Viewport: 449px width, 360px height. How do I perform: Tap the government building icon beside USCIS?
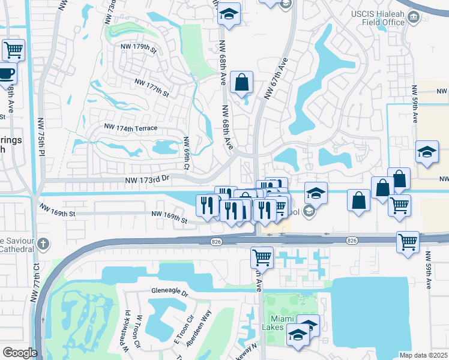[x=413, y=18]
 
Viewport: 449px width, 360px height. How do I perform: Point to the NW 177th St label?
[x=152, y=87]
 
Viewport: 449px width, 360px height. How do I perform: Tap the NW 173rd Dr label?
[x=148, y=179]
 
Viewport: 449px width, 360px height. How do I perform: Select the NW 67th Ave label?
[x=277, y=78]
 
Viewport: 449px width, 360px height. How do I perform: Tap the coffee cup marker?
[x=6, y=74]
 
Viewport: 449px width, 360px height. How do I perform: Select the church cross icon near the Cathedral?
[x=42, y=244]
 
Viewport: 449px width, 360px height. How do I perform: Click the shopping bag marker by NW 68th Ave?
[x=241, y=82]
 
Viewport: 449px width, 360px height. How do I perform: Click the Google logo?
[x=19, y=353]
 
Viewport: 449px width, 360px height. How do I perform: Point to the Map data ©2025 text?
[x=423, y=355]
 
